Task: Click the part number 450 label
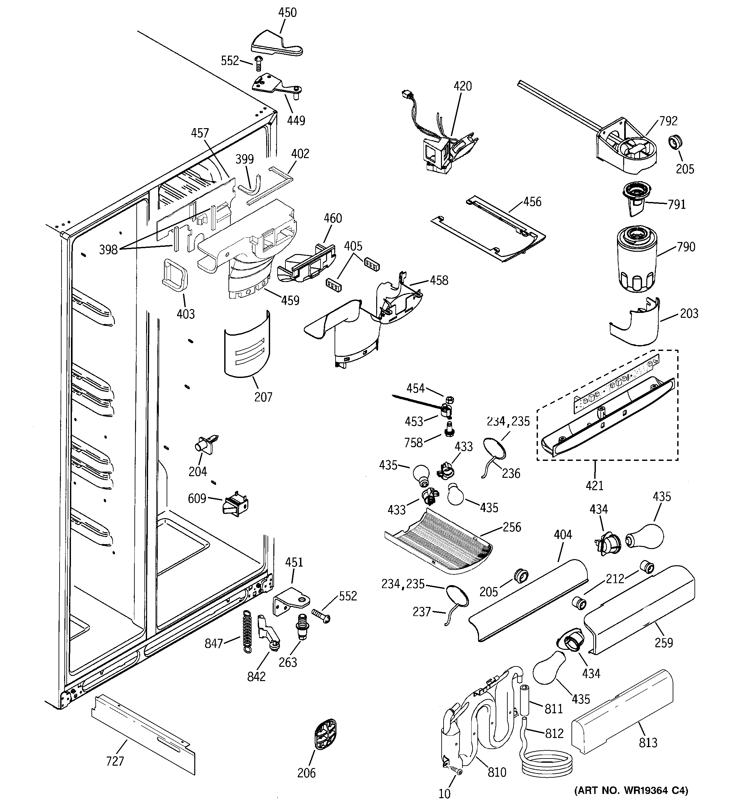coord(287,13)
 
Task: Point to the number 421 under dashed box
coord(595,485)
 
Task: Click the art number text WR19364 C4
coord(631,790)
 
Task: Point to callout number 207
coord(263,397)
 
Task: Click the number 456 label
coord(532,202)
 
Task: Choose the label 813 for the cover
coord(648,742)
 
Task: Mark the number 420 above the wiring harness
coord(462,86)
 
